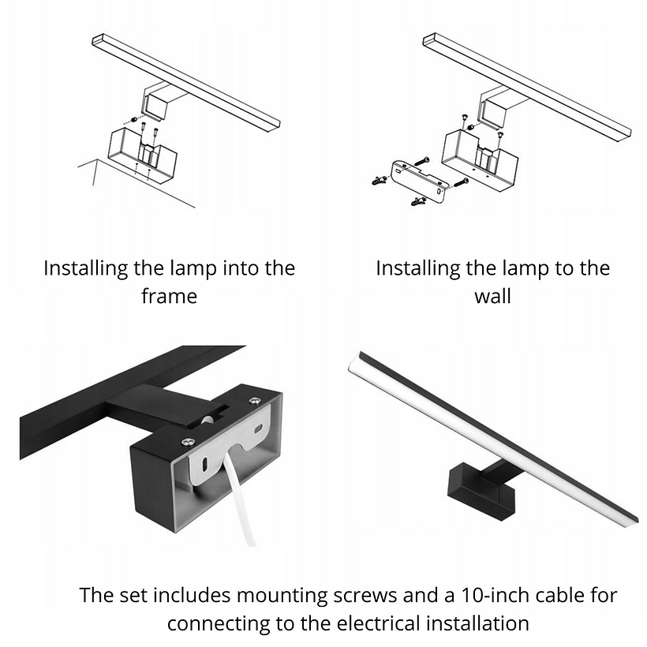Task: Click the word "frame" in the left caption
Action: point(169,296)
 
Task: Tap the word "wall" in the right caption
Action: point(492,296)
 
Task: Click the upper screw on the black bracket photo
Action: point(255,400)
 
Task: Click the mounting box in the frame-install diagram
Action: point(142,155)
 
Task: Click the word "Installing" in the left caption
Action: point(86,269)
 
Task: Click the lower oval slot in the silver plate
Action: point(204,465)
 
